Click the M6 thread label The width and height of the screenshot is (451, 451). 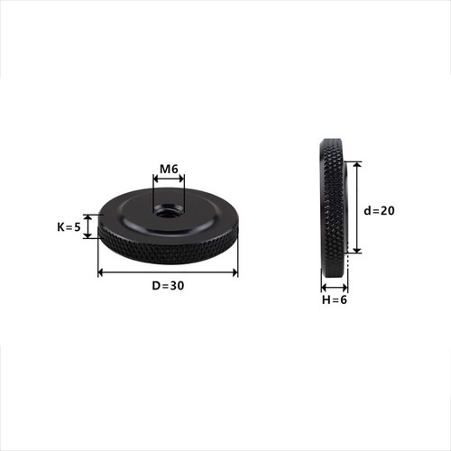(169, 170)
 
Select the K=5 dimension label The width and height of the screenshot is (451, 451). (69, 227)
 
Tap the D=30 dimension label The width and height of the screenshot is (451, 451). (168, 286)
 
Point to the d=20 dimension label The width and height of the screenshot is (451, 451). (379, 211)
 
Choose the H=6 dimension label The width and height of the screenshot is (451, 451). (335, 299)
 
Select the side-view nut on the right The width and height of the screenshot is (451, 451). (333, 207)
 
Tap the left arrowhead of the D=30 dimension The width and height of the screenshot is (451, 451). (101, 272)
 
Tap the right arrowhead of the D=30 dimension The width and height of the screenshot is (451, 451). (235, 272)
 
